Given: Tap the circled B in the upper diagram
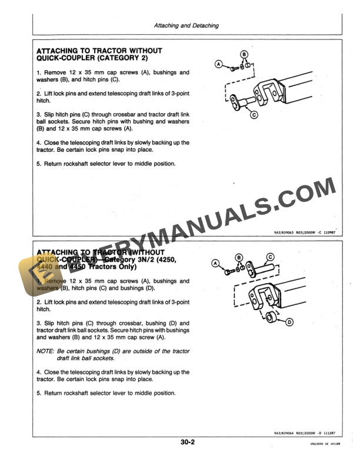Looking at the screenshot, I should coord(245,54).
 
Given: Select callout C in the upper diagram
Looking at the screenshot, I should coord(254,115).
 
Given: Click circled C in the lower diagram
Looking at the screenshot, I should coord(271,257).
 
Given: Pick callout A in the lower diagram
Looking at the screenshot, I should coord(215,263).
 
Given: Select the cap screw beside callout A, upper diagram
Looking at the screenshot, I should coord(234,68).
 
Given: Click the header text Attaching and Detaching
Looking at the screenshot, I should coord(186,26).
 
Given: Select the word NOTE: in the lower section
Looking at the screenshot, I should coord(45,351).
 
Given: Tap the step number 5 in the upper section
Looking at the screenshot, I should coord(38,164).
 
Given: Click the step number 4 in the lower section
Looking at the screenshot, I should coord(38,372).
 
